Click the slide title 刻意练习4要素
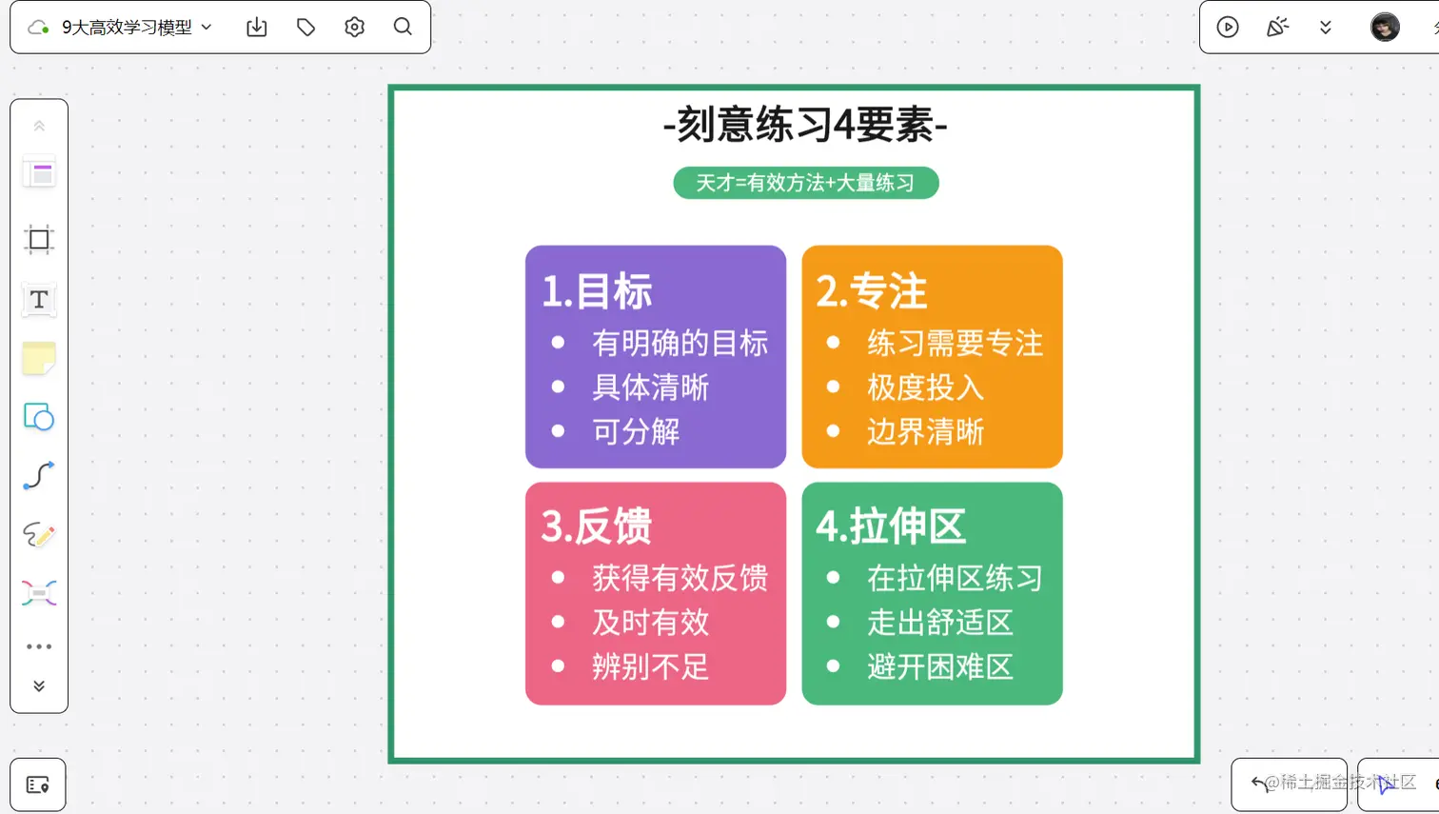tap(805, 125)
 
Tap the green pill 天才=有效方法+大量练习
tap(805, 183)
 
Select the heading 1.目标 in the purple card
tap(597, 291)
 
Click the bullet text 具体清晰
tap(650, 387)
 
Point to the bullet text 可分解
tap(636, 432)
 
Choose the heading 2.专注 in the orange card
tap(871, 291)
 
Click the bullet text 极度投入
tap(925, 387)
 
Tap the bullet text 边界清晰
tap(925, 432)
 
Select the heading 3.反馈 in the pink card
tap(597, 526)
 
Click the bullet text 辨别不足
tap(650, 667)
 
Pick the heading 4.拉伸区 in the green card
tap(891, 526)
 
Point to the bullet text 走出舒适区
tap(939, 623)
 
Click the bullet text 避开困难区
tap(939, 667)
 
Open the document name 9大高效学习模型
tap(127, 28)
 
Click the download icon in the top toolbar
tap(257, 28)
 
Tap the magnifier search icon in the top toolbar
tap(403, 27)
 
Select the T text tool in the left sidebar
tap(39, 300)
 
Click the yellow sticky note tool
tap(39, 359)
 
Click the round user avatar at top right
tap(1385, 27)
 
